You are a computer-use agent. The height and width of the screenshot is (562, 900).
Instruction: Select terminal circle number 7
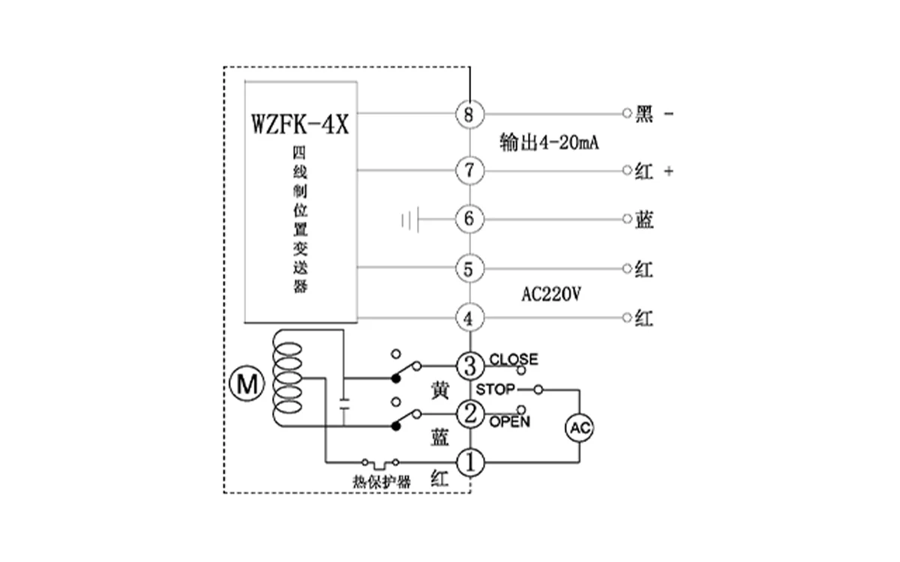(469, 171)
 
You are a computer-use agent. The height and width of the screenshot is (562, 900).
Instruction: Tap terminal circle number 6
(469, 219)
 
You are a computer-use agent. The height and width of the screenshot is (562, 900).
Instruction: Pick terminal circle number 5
(469, 269)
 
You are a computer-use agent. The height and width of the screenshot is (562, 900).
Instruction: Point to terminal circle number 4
(469, 318)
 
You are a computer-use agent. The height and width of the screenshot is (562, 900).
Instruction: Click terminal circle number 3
(470, 367)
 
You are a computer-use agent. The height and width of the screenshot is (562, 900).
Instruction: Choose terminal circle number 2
(470, 413)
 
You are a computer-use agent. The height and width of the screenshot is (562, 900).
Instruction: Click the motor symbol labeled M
(247, 385)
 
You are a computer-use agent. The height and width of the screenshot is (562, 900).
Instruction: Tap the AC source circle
(579, 429)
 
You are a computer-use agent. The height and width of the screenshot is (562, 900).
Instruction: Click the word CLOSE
(513, 359)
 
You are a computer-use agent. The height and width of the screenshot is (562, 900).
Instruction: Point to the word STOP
(495, 390)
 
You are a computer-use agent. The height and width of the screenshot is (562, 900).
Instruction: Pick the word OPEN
(510, 422)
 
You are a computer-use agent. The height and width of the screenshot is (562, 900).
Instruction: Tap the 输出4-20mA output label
(548, 142)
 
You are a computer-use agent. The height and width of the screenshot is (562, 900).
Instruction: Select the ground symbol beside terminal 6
(409, 220)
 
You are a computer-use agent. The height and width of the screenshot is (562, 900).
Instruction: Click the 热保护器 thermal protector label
(382, 482)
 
